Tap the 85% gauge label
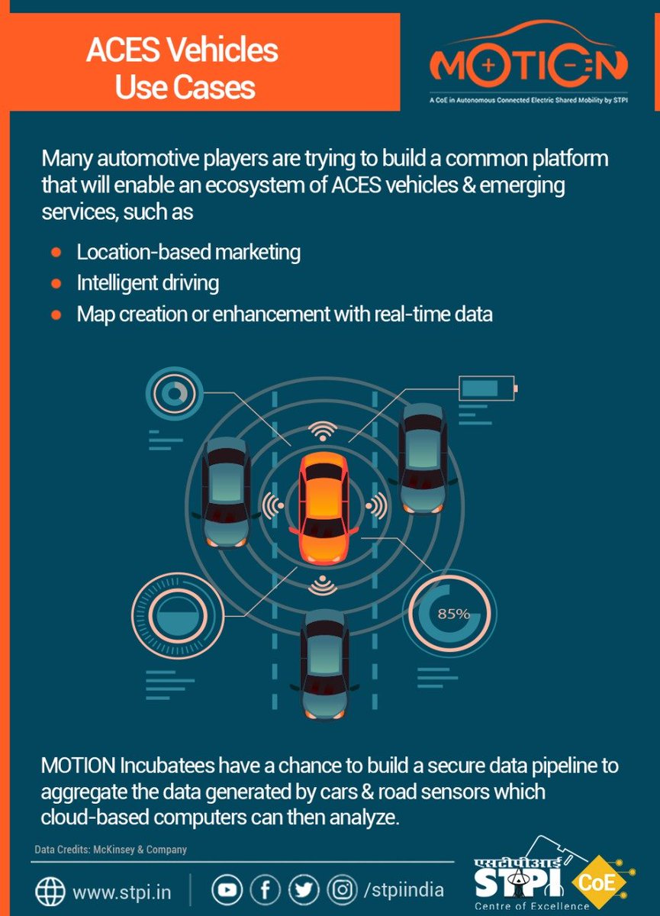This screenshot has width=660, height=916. [x=453, y=613]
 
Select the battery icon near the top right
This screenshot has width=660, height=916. [x=487, y=389]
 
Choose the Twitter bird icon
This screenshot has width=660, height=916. [x=303, y=889]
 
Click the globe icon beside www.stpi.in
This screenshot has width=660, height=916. [x=50, y=891]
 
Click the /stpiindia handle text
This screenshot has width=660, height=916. [x=404, y=890]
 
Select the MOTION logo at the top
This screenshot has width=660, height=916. [x=528, y=66]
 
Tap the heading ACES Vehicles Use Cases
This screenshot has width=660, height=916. [x=183, y=69]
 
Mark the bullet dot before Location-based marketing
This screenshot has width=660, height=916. [x=56, y=252]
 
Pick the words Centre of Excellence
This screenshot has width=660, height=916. [x=532, y=907]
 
